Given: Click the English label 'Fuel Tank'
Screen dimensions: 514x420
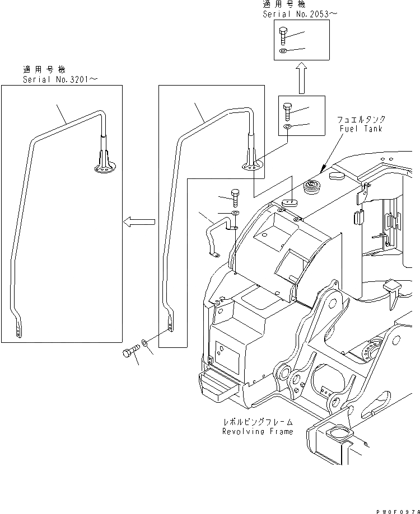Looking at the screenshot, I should [x=361, y=129].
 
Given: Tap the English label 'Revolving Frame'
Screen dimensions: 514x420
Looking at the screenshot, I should [x=258, y=431].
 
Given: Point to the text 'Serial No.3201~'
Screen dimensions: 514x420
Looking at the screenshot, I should [x=60, y=79].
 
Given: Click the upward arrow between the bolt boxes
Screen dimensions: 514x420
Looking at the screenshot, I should [x=301, y=77].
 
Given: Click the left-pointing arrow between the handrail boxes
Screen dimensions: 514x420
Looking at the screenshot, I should [x=139, y=223].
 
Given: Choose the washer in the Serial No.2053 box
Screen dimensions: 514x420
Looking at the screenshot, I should [x=283, y=52].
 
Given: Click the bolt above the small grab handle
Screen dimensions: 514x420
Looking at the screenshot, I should [x=235, y=197].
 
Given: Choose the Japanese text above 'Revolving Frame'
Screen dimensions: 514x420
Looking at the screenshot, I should [x=258, y=422].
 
